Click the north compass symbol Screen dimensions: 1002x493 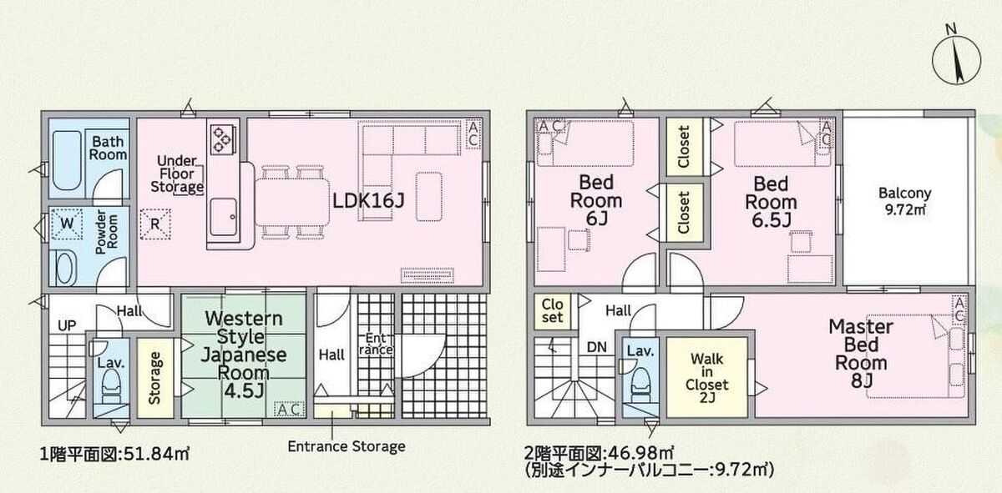click(957, 59)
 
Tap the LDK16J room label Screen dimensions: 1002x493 click(368, 201)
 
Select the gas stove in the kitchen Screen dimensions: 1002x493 click(222, 139)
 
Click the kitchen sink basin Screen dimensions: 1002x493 click(223, 217)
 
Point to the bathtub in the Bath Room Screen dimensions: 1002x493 click(67, 160)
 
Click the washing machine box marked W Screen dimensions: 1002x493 click(67, 224)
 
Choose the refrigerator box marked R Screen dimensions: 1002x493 click(155, 224)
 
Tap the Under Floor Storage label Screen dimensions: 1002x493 click(177, 174)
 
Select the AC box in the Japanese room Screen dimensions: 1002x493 click(289, 409)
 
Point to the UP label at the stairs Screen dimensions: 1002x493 click(67, 325)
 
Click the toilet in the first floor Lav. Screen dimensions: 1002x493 click(111, 385)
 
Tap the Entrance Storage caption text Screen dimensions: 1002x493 click(347, 446)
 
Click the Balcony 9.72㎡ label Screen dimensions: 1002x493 click(905, 201)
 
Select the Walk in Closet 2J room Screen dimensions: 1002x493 click(706, 377)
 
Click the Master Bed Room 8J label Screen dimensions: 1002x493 click(861, 354)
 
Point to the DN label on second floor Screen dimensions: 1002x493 click(597, 347)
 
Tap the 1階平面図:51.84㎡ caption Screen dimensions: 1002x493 click(115, 455)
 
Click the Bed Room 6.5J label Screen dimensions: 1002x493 click(771, 202)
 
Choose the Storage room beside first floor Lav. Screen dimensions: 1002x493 click(155, 378)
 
